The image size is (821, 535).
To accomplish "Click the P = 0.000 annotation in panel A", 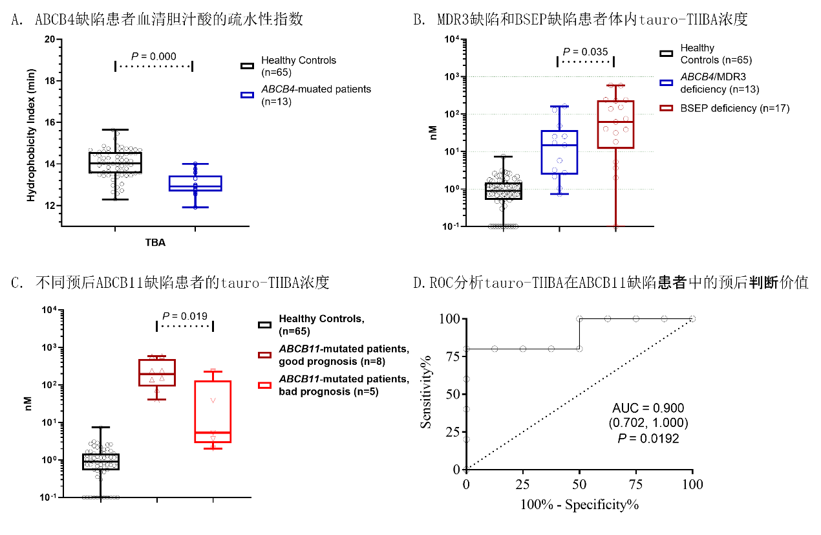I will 154,57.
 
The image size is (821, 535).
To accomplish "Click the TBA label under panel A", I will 155,243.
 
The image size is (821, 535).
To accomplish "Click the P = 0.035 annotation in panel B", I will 585,52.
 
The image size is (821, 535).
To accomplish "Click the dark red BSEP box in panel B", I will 615,124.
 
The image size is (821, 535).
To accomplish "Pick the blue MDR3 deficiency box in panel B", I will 559,152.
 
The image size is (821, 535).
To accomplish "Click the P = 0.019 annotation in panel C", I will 185,316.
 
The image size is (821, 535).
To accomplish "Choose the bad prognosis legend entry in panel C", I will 343,385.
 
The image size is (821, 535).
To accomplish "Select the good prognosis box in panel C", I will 158,372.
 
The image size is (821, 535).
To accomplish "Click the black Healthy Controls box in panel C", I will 101,461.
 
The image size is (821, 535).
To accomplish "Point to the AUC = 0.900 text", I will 648,408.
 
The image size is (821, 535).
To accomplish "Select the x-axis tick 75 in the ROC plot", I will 636,484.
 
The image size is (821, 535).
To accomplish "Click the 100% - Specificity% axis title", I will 579,504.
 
